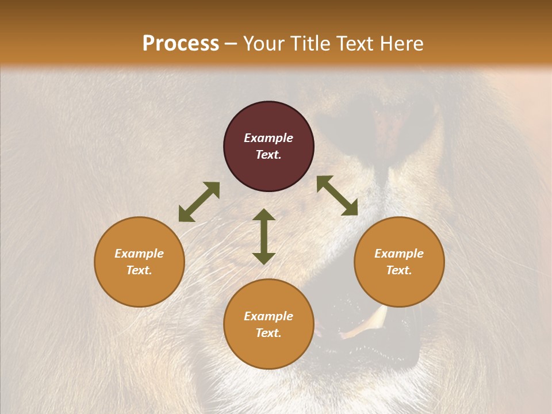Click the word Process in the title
coord(181,44)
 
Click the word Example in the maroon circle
coord(269,138)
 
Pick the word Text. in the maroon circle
coord(269,155)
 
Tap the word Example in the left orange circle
coord(139,254)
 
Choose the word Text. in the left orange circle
coord(139,270)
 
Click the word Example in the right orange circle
coord(399,254)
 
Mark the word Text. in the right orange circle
coord(399,270)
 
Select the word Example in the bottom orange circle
coord(269,316)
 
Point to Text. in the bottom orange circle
coord(269,333)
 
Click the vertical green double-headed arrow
coord(264,236)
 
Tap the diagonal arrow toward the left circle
coord(199,202)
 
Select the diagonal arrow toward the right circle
coord(337,195)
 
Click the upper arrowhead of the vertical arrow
coord(264,214)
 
